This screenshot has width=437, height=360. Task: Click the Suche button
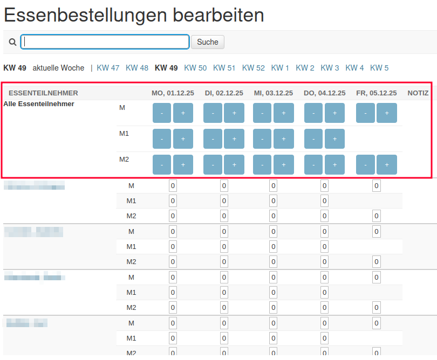pyautogui.click(x=207, y=42)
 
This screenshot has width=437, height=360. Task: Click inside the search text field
pyautogui.click(x=105, y=42)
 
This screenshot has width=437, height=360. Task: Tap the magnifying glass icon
pyautogui.click(x=12, y=42)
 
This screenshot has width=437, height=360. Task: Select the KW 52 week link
pyautogui.click(x=253, y=68)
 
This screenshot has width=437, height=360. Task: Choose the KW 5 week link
pyautogui.click(x=379, y=68)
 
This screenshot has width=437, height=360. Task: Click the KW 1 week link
pyautogui.click(x=280, y=68)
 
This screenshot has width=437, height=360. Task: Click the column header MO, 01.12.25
pyautogui.click(x=173, y=93)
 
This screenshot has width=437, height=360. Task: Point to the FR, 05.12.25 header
pyautogui.click(x=376, y=93)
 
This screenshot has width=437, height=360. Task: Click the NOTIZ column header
pyautogui.click(x=418, y=93)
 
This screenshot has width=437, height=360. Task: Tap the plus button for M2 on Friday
pyautogui.click(x=387, y=165)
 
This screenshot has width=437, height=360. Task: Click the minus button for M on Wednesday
pyautogui.click(x=262, y=113)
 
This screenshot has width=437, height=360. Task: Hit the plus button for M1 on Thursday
pyautogui.click(x=334, y=139)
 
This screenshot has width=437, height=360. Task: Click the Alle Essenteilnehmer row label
pyautogui.click(x=39, y=104)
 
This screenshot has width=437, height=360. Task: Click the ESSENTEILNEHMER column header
pyautogui.click(x=43, y=93)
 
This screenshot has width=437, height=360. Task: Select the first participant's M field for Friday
pyautogui.click(x=376, y=186)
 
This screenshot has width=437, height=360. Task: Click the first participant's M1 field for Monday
pyautogui.click(x=173, y=201)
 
